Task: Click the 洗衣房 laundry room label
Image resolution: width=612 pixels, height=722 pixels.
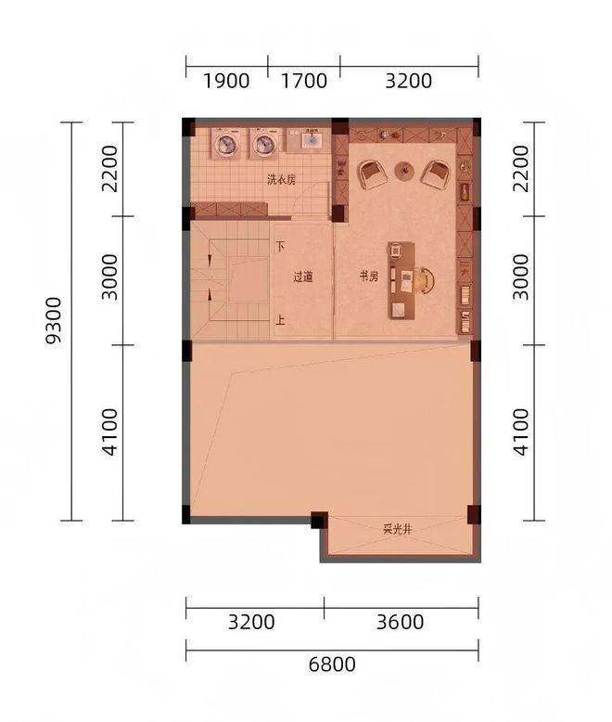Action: pyautogui.click(x=281, y=179)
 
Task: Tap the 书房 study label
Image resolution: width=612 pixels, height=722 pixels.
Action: pyautogui.click(x=368, y=277)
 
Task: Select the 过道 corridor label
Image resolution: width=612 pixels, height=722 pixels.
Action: pyautogui.click(x=303, y=277)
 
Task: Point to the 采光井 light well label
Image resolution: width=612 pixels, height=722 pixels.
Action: pyautogui.click(x=397, y=530)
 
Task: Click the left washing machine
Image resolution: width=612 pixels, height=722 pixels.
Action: pyautogui.click(x=227, y=143)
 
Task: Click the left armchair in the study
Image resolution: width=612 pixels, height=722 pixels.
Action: pyautogui.click(x=372, y=174)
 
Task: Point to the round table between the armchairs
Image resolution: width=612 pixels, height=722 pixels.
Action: pyautogui.click(x=404, y=171)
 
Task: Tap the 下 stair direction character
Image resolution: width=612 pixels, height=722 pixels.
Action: pyautogui.click(x=280, y=246)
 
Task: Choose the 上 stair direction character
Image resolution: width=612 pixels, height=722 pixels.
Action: pyautogui.click(x=280, y=319)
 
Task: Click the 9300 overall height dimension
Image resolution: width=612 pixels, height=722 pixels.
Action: pyautogui.click(x=54, y=320)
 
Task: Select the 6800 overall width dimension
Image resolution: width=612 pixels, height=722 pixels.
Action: pyautogui.click(x=332, y=664)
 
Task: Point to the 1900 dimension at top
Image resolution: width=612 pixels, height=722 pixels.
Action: pyautogui.click(x=226, y=81)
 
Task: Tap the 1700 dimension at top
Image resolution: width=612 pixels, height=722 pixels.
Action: pyautogui.click(x=304, y=81)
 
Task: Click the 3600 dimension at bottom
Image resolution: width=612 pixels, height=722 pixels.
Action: pyautogui.click(x=400, y=622)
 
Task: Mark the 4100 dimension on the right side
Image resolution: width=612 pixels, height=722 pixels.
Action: pyautogui.click(x=521, y=432)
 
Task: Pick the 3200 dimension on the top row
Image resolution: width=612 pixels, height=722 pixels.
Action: pyautogui.click(x=408, y=81)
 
